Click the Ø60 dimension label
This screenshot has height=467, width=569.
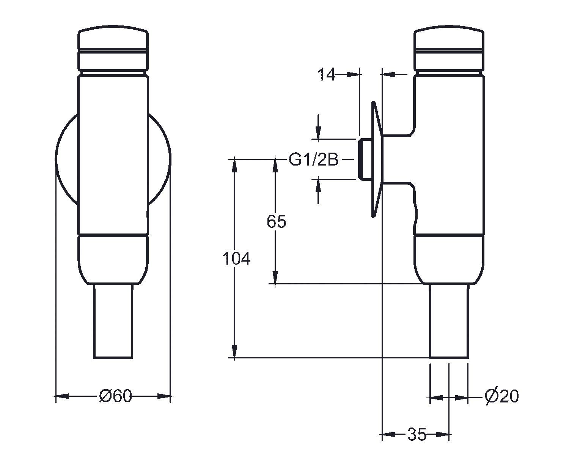(115, 396)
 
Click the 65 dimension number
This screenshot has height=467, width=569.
(276, 221)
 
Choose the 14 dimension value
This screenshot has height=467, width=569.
(327, 74)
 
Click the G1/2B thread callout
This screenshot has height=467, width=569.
(313, 159)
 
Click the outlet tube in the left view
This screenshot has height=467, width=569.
(113, 321)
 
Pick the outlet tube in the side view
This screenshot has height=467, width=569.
(449, 321)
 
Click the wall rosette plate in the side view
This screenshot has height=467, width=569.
(377, 159)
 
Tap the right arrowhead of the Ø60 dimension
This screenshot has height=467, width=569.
(164, 396)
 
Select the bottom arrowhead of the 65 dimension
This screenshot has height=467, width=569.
(275, 277)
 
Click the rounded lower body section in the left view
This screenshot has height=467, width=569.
(113, 260)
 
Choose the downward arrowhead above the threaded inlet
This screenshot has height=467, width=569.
(319, 133)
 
